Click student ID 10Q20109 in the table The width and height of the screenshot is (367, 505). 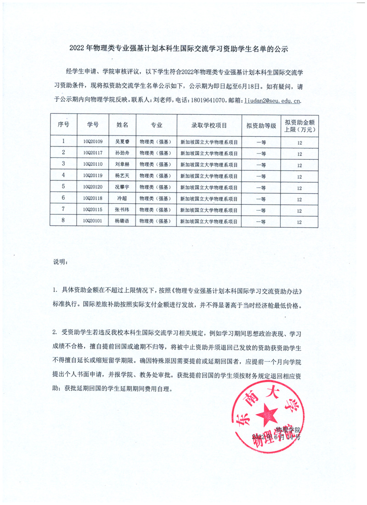click(x=93, y=142)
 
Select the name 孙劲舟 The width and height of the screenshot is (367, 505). click(x=122, y=153)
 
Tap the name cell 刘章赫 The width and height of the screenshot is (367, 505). click(x=122, y=164)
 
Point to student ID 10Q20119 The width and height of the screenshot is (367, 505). click(x=93, y=176)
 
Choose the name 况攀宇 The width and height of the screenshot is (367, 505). click(x=122, y=187)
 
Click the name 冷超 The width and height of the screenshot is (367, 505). click(x=122, y=199)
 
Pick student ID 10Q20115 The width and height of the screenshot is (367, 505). click(x=93, y=210)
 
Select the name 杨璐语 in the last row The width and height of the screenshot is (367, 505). click(x=122, y=221)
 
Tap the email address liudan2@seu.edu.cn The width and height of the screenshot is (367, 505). click(x=272, y=100)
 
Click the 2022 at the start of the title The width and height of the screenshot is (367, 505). click(x=77, y=48)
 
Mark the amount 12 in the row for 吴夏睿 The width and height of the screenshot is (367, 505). click(x=299, y=142)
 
